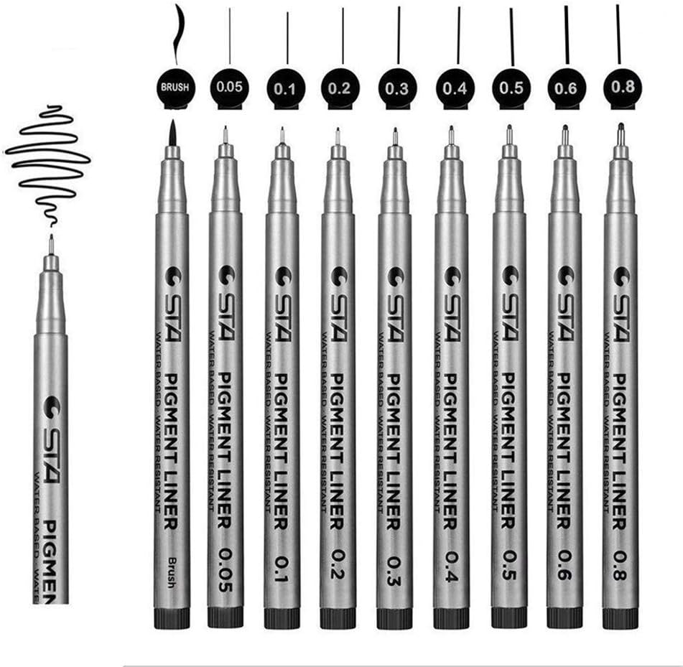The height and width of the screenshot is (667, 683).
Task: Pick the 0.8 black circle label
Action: click(622, 88)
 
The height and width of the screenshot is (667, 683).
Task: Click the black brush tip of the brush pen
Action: click(173, 132)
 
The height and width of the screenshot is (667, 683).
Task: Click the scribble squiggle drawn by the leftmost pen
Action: click(47, 154)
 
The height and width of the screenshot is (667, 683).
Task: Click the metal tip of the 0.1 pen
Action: click(282, 137)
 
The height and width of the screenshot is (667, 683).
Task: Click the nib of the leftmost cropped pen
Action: click(51, 244)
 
